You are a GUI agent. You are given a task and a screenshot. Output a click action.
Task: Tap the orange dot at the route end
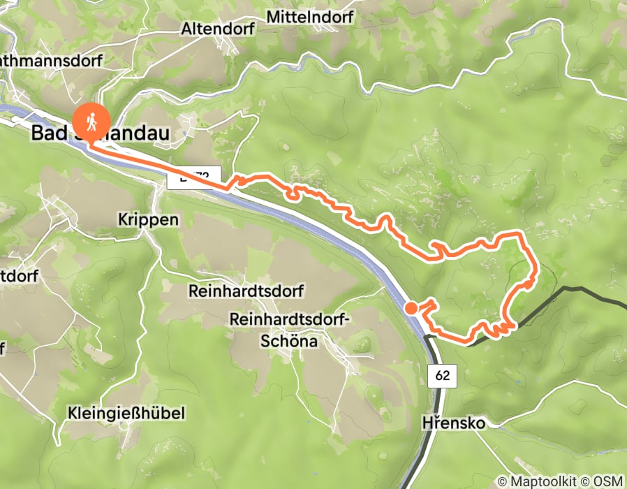(412, 307)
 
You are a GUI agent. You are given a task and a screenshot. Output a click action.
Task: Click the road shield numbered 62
(442, 376)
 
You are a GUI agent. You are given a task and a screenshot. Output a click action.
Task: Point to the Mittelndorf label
(310, 15)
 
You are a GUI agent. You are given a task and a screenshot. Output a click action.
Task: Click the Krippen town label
(149, 219)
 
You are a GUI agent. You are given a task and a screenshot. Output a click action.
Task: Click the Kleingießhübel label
(127, 414)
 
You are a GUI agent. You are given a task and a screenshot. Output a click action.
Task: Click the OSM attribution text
(609, 481)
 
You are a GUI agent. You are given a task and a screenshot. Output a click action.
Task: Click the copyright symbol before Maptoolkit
(501, 481)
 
